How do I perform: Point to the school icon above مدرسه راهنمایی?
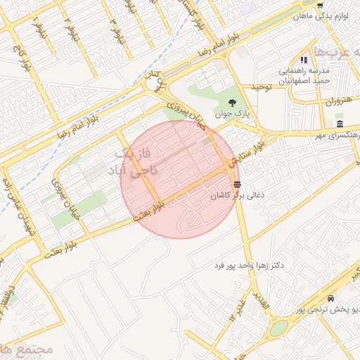(x=304, y=60)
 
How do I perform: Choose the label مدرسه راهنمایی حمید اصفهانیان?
(x=309, y=76)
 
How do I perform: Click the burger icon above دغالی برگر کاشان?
(x=236, y=184)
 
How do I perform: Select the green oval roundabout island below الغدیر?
(x=279, y=328)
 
